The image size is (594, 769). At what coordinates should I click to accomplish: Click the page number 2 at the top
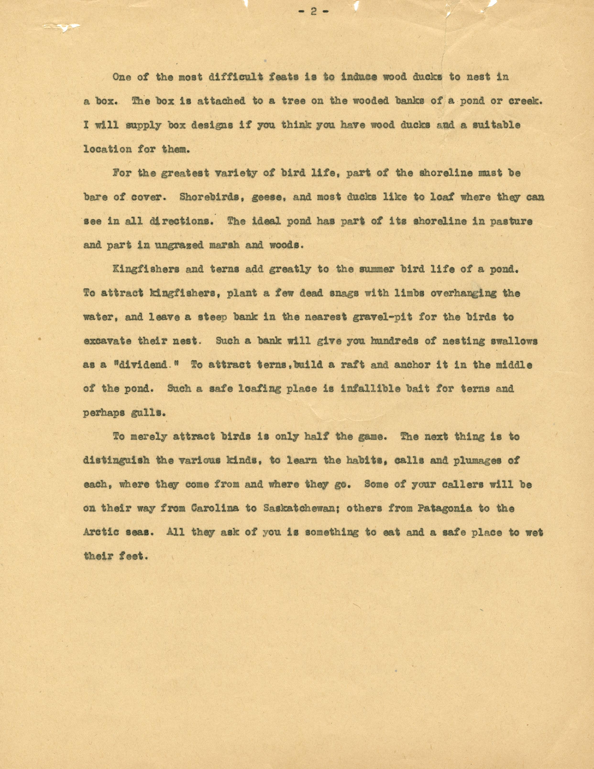pyautogui.click(x=313, y=12)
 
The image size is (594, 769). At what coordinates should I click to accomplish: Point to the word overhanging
pyautogui.click(x=463, y=293)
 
